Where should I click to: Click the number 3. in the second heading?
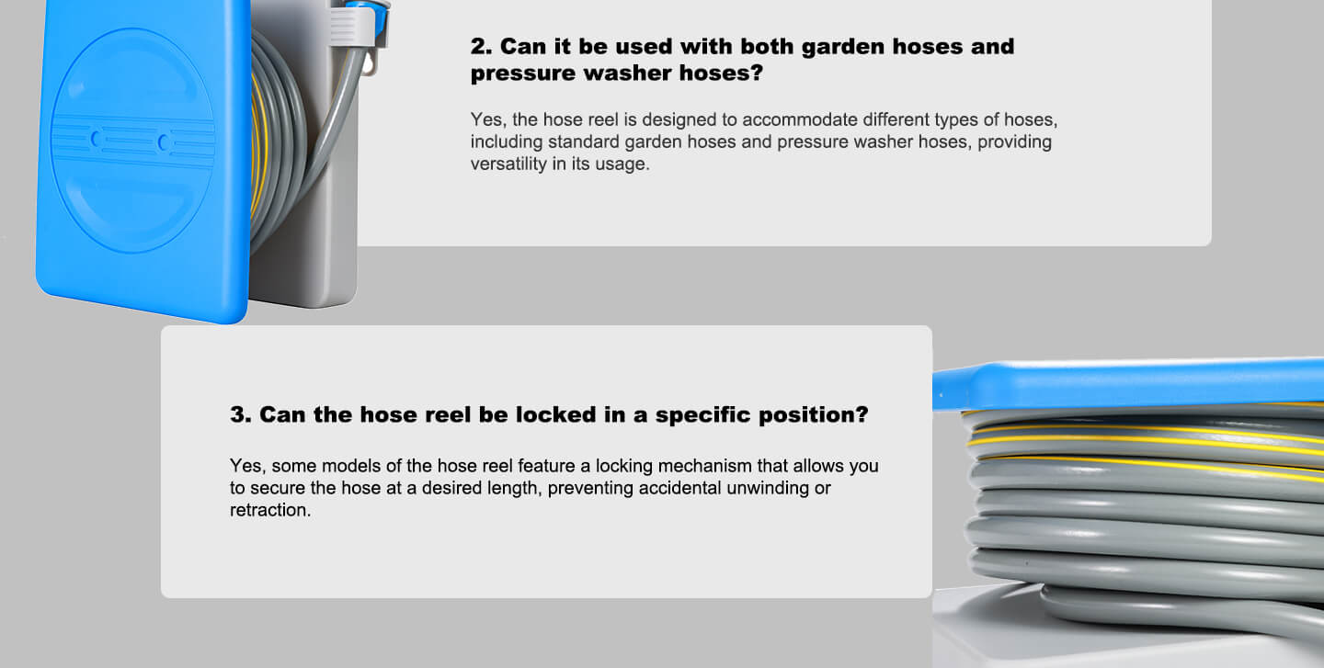(x=241, y=414)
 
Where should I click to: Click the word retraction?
(x=270, y=510)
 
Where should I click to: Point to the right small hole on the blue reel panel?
(x=164, y=142)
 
